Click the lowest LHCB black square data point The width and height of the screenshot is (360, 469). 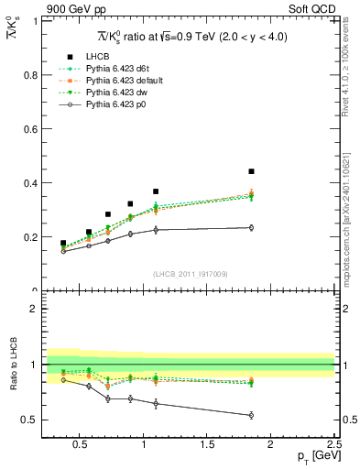pos(63,244)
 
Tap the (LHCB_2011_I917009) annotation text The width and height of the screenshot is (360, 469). pos(191,274)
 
